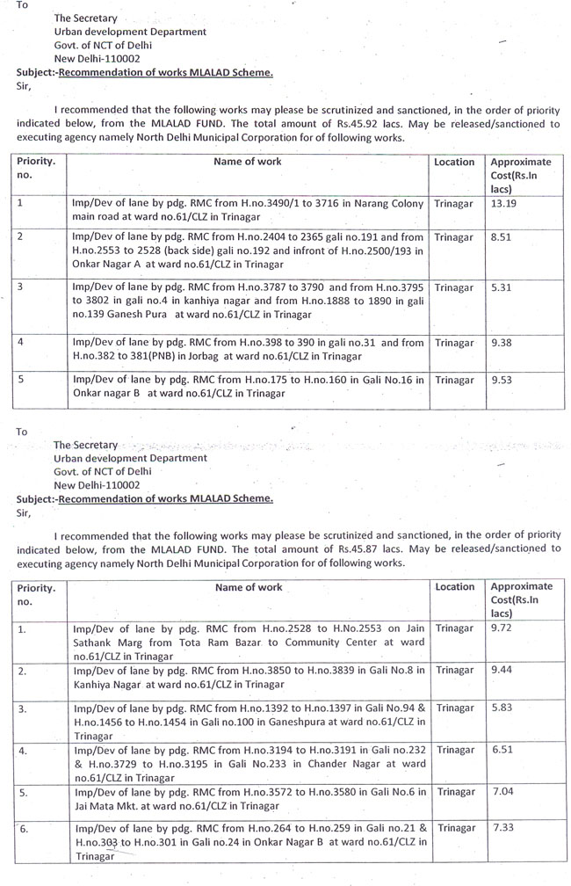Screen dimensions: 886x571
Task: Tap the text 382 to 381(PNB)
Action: (114, 358)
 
